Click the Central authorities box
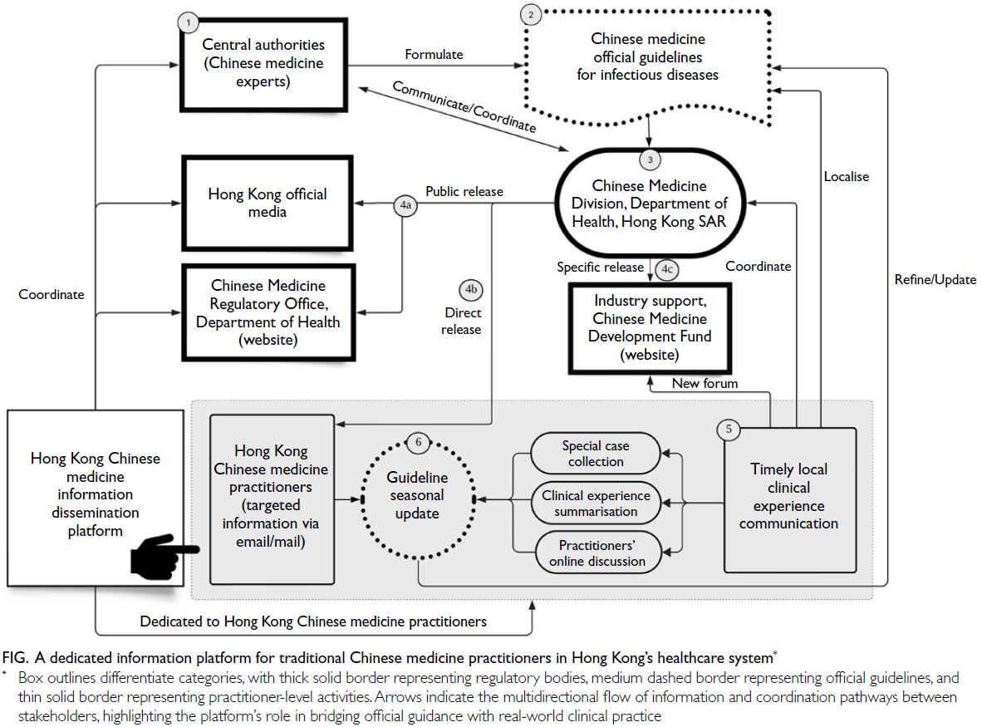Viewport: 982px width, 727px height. point(263,63)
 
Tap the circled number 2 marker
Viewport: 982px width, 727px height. point(530,13)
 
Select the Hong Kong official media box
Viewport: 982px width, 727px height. point(267,203)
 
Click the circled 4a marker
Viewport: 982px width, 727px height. point(405,205)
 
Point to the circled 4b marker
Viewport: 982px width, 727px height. point(470,290)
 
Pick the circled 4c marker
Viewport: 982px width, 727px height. point(666,269)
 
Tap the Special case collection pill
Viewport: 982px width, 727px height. point(596,454)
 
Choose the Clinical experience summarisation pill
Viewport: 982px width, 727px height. point(596,503)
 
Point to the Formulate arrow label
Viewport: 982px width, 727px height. point(434,55)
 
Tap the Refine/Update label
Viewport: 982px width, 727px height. point(935,279)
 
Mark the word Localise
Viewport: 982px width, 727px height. point(847,176)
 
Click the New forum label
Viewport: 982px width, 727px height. point(705,383)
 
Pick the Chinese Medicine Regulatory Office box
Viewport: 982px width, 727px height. point(268,312)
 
